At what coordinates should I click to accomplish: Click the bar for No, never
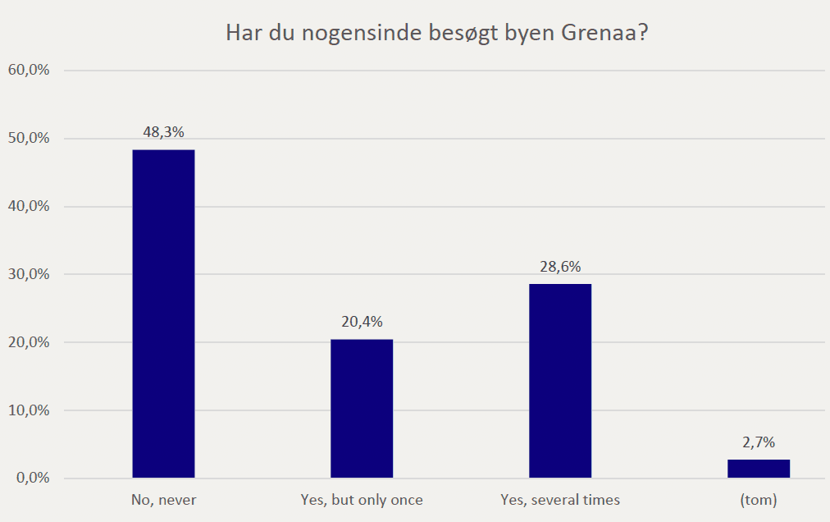pyautogui.click(x=163, y=314)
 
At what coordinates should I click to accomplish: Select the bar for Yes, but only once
pyautogui.click(x=362, y=408)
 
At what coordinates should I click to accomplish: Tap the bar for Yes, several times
pyautogui.click(x=560, y=380)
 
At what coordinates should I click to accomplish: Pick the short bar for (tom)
pyautogui.click(x=759, y=469)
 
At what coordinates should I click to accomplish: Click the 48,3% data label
pyautogui.click(x=163, y=131)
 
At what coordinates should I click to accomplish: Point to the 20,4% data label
pyautogui.click(x=362, y=321)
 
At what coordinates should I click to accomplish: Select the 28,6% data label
pyautogui.click(x=560, y=266)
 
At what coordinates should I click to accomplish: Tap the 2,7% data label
pyautogui.click(x=759, y=442)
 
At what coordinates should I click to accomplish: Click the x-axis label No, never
pyautogui.click(x=163, y=499)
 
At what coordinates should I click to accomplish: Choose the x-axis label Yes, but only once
pyautogui.click(x=362, y=499)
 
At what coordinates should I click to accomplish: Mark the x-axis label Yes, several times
pyautogui.click(x=560, y=499)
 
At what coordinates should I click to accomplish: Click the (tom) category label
pyautogui.click(x=759, y=499)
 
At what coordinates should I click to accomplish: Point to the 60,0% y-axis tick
pyautogui.click(x=29, y=70)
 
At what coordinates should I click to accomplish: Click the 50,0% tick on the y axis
pyautogui.click(x=29, y=138)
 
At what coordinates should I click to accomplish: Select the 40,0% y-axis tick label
pyautogui.click(x=29, y=206)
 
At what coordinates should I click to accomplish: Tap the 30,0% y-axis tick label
pyautogui.click(x=29, y=274)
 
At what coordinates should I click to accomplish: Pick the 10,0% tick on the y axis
pyautogui.click(x=29, y=410)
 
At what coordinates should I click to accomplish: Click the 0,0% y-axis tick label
pyautogui.click(x=32, y=478)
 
